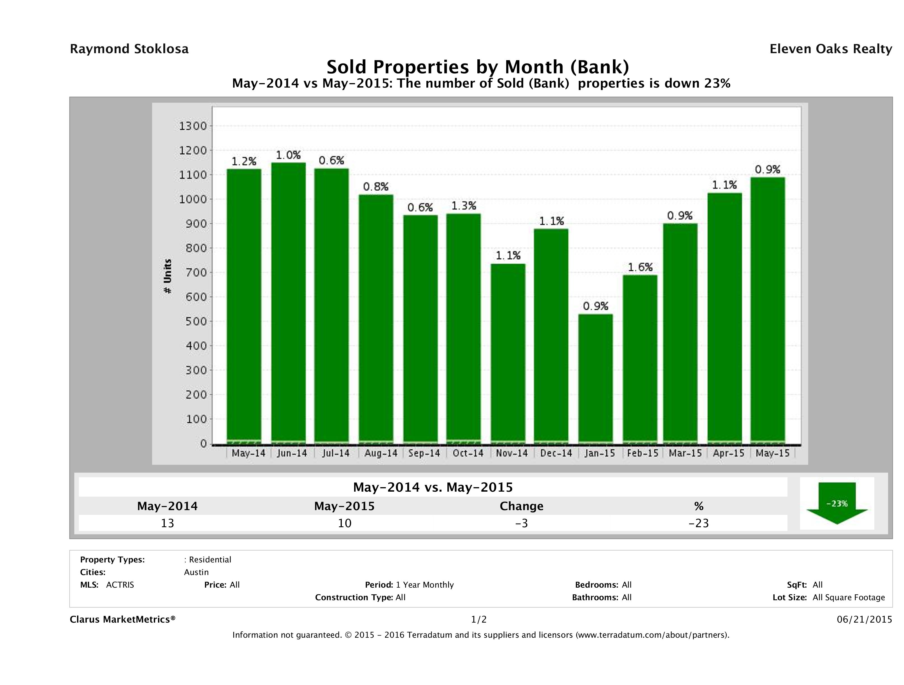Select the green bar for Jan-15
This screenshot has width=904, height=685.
tap(596, 377)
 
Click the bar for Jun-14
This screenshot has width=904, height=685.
tap(289, 302)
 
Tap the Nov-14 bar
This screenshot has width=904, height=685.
tap(508, 353)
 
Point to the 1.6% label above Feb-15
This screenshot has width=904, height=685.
tap(640, 268)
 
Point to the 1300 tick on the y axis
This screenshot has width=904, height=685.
tap(193, 126)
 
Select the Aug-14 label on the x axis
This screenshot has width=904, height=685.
tap(380, 453)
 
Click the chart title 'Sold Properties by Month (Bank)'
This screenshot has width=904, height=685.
tap(477, 67)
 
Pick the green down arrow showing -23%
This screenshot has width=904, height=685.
tap(836, 503)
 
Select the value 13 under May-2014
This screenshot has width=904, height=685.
tap(168, 523)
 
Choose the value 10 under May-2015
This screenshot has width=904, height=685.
tap(345, 523)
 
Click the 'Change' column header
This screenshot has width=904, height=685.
tap(522, 506)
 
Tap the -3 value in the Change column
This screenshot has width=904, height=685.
tap(522, 523)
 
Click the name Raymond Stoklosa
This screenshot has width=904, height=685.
tap(129, 49)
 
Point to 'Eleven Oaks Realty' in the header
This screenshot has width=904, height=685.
tap(830, 49)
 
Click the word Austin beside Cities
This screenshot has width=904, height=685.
tap(196, 572)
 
